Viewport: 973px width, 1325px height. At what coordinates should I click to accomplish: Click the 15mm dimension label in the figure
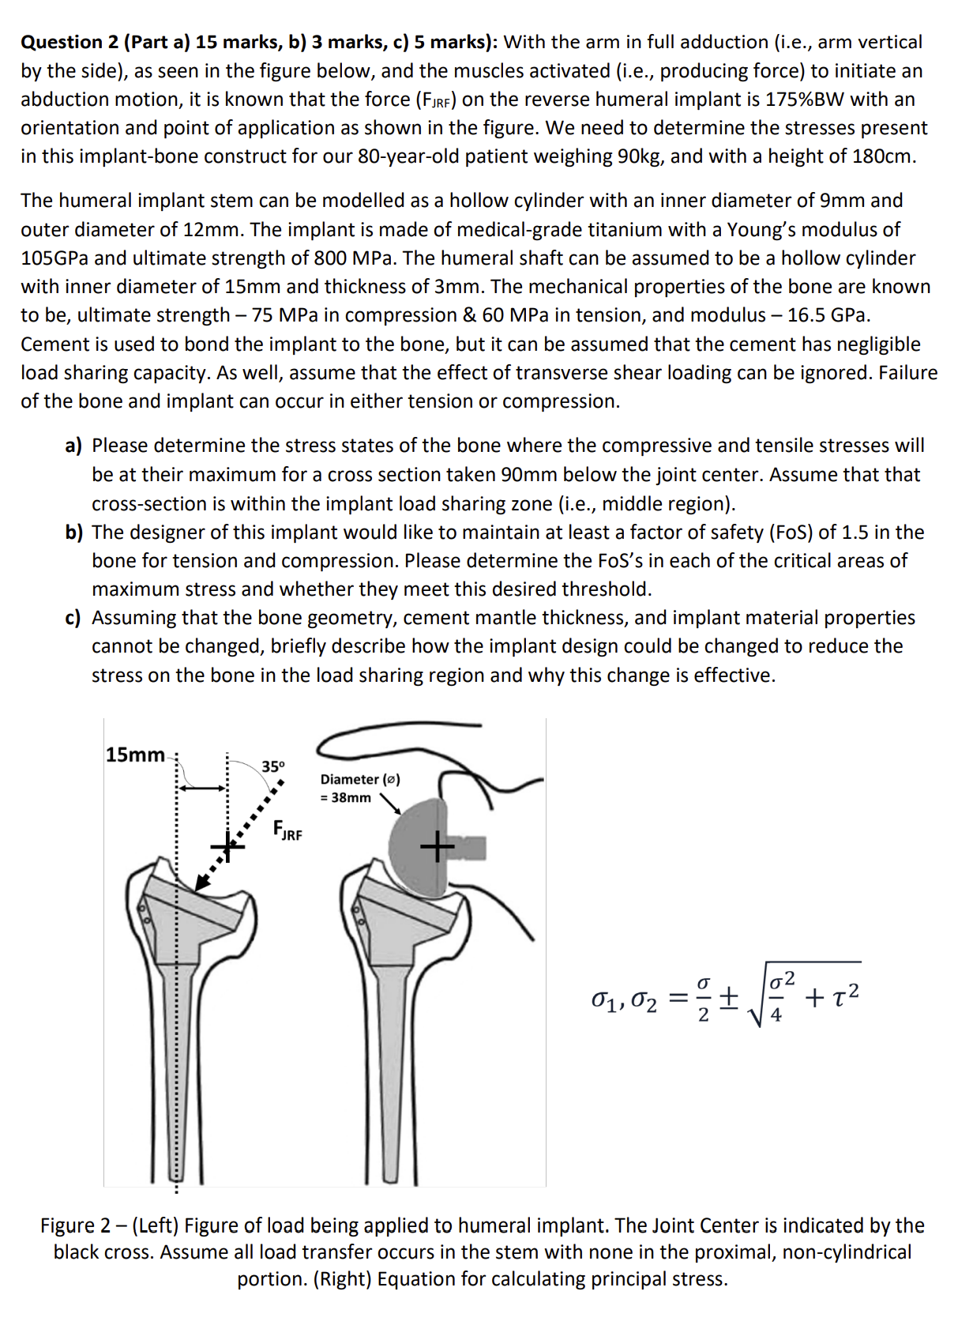[x=135, y=755]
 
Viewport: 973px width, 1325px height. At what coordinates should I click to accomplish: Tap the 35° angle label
[x=273, y=766]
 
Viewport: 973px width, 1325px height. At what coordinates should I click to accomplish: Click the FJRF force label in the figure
[x=287, y=830]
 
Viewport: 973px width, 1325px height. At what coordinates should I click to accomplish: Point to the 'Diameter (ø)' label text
[x=360, y=779]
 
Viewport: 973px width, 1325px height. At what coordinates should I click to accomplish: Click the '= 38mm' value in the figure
[x=345, y=798]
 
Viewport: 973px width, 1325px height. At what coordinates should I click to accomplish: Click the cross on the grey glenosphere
[x=437, y=848]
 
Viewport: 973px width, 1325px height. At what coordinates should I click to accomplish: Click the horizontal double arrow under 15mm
[x=202, y=787]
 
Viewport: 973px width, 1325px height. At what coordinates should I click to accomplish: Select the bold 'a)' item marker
[x=74, y=446]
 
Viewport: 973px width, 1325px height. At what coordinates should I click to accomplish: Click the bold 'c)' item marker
[x=73, y=618]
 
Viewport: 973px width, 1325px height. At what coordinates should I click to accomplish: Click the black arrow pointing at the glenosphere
[x=392, y=804]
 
